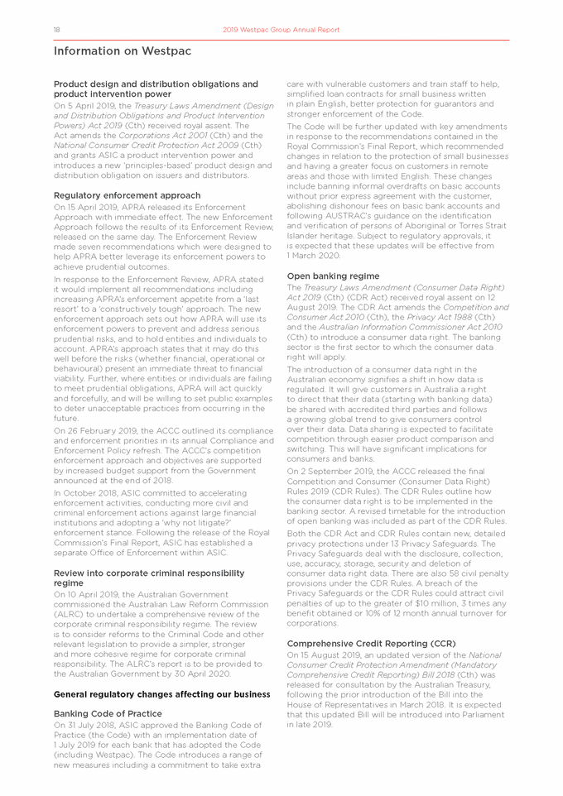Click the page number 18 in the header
[x=56, y=30]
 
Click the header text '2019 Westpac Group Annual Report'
[x=281, y=30]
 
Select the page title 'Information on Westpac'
[x=111, y=51]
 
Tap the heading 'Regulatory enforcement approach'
[x=127, y=195]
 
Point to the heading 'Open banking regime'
[x=333, y=276]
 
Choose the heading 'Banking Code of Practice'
[x=108, y=713]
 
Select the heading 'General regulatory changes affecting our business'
[x=161, y=693]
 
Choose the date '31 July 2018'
[x=90, y=726]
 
